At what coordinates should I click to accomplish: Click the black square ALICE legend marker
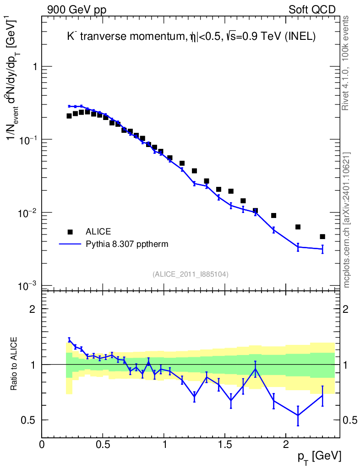(x=70, y=231)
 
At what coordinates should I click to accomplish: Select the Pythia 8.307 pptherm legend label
(x=127, y=244)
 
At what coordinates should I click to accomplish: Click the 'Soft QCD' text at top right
(x=312, y=10)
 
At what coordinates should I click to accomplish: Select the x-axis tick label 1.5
(x=224, y=444)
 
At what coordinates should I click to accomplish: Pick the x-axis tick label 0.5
(x=103, y=444)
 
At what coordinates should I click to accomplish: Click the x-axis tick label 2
(x=285, y=444)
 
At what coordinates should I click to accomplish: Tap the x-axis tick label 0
(x=42, y=444)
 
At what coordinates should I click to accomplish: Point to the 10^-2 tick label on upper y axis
(x=27, y=213)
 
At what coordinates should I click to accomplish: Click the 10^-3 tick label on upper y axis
(x=27, y=286)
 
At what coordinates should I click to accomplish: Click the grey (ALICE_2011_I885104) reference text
(x=191, y=274)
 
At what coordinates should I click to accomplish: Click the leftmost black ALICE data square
(x=69, y=116)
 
